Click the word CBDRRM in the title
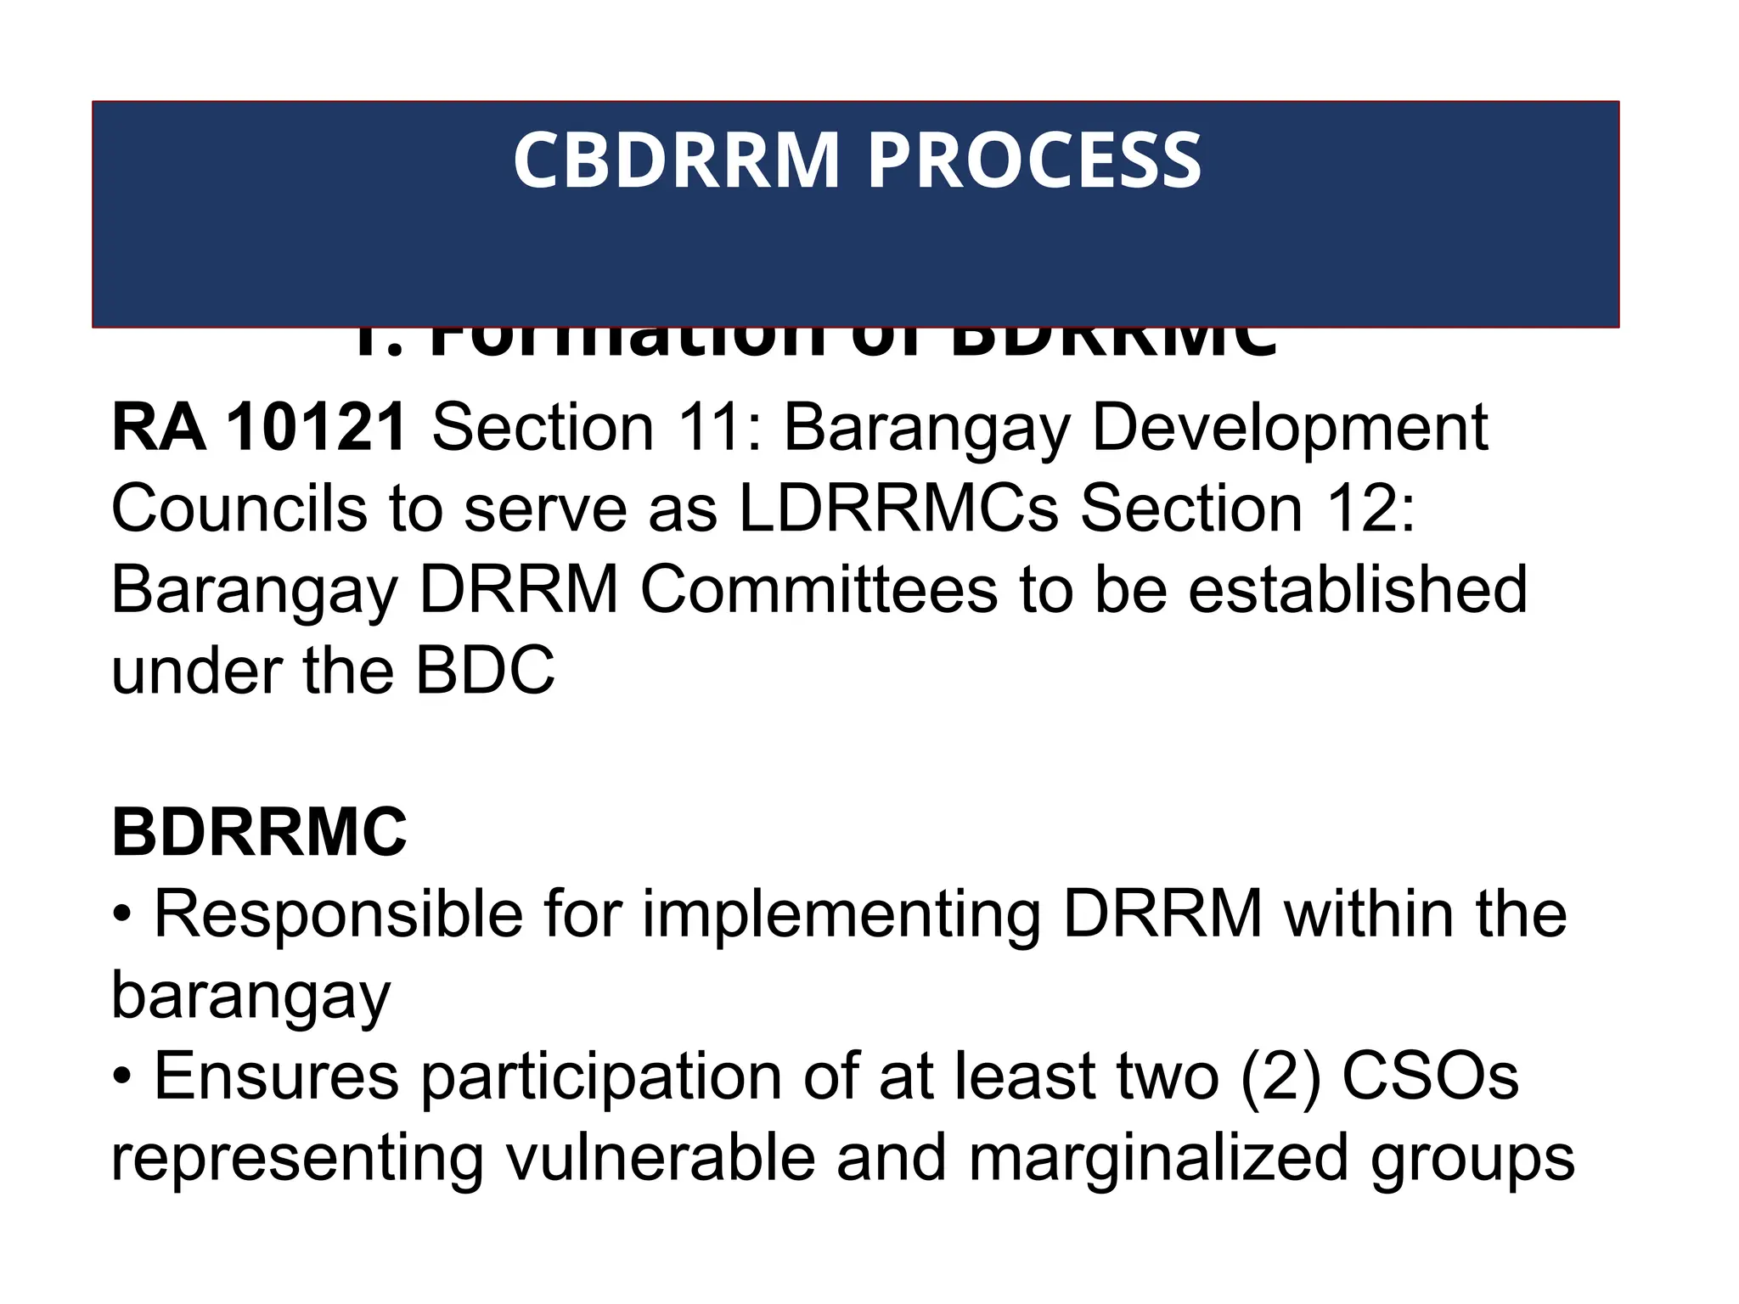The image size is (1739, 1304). point(676,160)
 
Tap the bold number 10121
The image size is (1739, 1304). point(317,428)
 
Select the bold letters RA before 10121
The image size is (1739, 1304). point(159,428)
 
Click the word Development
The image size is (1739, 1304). point(1289,428)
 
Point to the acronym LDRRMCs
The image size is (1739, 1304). point(899,509)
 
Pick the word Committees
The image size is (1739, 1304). point(819,590)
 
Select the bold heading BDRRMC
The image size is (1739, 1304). point(259,833)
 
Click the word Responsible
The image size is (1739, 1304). point(338,915)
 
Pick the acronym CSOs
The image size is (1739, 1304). point(1431,1076)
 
